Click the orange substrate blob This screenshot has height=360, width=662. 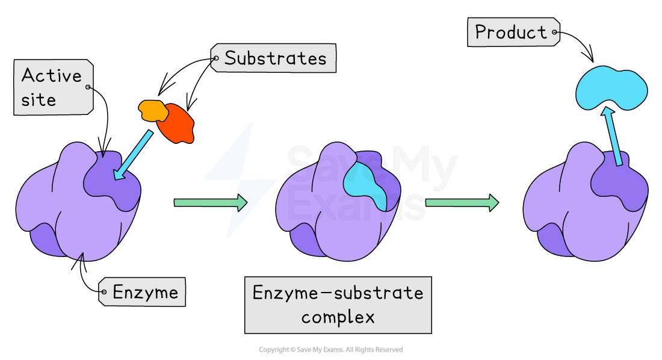pyautogui.click(x=153, y=110)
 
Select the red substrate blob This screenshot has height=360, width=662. pyautogui.click(x=179, y=125)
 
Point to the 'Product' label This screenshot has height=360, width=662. pyautogui.click(x=512, y=32)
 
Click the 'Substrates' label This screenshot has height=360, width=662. pyautogui.click(x=274, y=58)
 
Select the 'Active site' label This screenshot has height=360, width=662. pyautogui.click(x=53, y=87)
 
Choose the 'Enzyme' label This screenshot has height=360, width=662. pyautogui.click(x=144, y=293)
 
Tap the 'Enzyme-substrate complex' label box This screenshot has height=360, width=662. pyautogui.click(x=338, y=305)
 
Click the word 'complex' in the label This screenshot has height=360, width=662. pyautogui.click(x=338, y=317)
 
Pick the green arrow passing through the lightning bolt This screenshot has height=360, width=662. pyautogui.click(x=211, y=203)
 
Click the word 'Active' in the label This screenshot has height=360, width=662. pyautogui.click(x=52, y=76)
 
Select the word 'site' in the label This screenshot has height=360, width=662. pyautogui.click(x=39, y=99)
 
